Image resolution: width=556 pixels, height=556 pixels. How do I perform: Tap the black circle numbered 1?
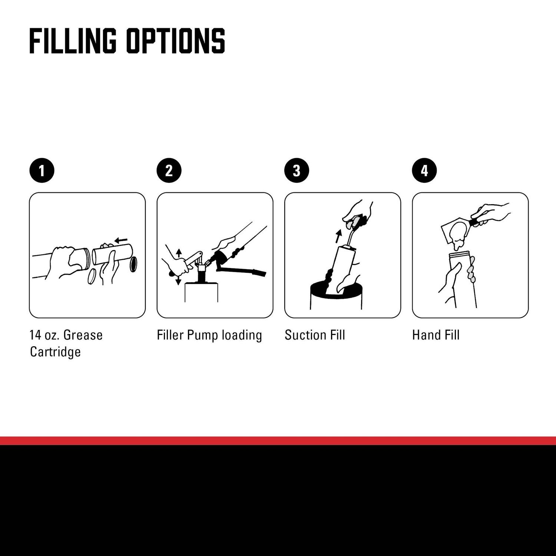point(42,171)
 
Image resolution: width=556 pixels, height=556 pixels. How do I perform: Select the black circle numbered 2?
point(169,171)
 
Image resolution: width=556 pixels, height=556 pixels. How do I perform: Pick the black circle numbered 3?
point(297,171)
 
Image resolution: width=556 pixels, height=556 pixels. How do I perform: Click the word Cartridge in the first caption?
point(55,352)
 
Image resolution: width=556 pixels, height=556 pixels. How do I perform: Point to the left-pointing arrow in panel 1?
point(121,240)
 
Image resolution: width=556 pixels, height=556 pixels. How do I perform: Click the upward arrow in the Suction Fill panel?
point(338,236)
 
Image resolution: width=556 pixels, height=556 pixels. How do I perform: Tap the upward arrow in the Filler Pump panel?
point(179,253)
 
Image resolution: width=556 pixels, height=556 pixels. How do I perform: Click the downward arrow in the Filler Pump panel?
point(178,280)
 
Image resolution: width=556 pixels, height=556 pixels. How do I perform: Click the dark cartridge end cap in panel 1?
point(133,264)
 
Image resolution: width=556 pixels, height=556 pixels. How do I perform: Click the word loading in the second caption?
point(242,335)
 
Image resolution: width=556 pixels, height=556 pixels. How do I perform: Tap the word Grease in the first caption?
point(83,335)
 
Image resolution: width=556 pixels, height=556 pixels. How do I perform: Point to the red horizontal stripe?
point(278,441)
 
